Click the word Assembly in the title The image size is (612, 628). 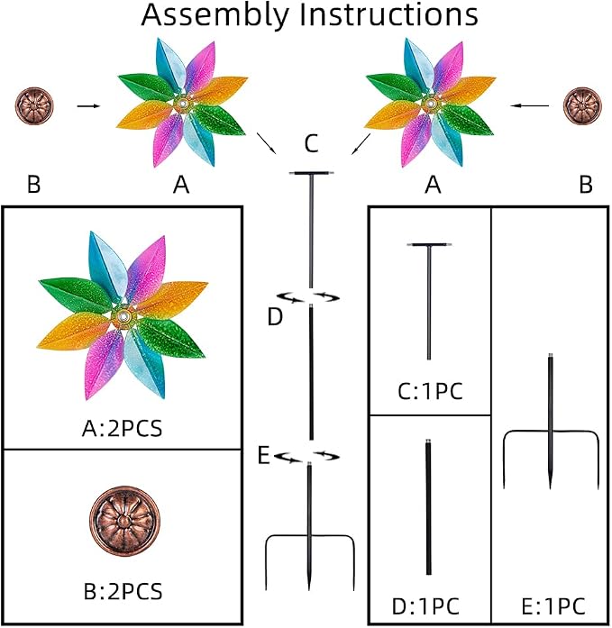[215, 16]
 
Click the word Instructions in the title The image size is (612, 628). [388, 14]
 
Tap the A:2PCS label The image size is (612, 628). [123, 429]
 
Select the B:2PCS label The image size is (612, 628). [123, 592]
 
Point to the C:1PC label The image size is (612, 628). [430, 391]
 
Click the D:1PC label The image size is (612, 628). [425, 606]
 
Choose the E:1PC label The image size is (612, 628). [553, 606]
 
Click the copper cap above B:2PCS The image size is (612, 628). [124, 521]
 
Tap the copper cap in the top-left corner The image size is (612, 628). [34, 106]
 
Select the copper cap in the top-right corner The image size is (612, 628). [583, 106]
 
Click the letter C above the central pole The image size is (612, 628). [311, 143]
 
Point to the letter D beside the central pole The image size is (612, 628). [275, 317]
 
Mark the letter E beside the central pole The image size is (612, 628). [263, 455]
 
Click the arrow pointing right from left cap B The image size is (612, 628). [88, 106]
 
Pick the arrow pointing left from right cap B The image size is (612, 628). [529, 105]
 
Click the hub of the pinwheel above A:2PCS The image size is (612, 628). [123, 317]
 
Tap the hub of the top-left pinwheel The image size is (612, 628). [183, 104]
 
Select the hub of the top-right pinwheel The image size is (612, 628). [431, 104]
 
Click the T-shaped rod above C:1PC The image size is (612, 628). [429, 301]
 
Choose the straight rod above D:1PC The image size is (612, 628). [428, 507]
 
